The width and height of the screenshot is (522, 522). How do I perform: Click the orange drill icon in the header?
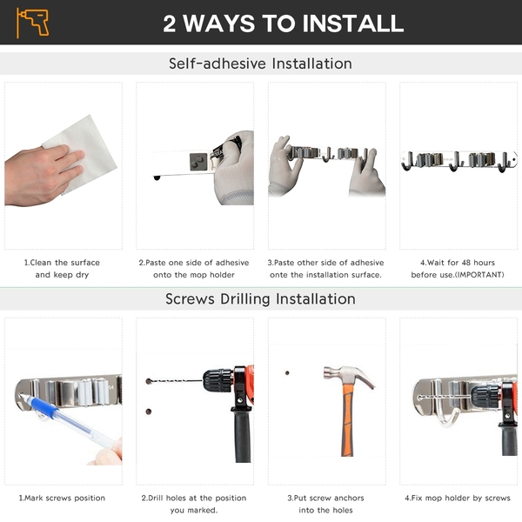coord(33,23)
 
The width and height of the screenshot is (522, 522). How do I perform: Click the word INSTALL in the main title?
coord(353,23)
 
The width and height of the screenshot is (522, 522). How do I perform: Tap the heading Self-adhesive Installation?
coord(260,64)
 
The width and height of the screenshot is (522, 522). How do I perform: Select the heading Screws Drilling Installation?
coord(260,298)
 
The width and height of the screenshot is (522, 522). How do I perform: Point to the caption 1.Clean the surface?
coord(62,263)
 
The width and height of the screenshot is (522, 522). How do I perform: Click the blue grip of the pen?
coord(43,407)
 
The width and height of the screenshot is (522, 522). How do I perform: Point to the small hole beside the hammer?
coord(287,373)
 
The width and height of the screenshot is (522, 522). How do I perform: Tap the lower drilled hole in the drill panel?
coord(149,412)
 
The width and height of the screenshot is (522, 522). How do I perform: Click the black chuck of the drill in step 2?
coord(217,380)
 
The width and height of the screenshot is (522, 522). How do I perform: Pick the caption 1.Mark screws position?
coord(62,498)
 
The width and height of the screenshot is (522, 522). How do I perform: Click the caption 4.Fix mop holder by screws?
coord(458,498)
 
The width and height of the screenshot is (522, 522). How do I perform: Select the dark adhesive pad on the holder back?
coord(198,162)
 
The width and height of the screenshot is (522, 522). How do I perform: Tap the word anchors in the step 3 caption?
coord(347,498)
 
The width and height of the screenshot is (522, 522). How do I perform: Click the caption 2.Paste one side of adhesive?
coord(194,263)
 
